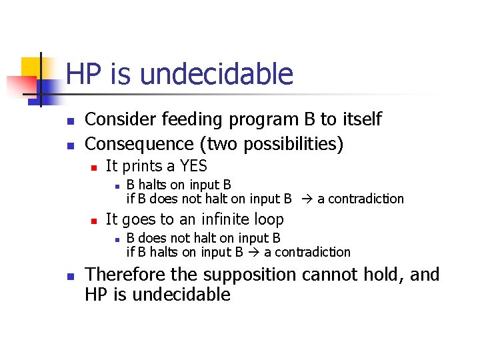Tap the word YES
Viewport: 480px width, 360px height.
(193, 166)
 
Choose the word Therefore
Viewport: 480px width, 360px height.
(126, 274)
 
